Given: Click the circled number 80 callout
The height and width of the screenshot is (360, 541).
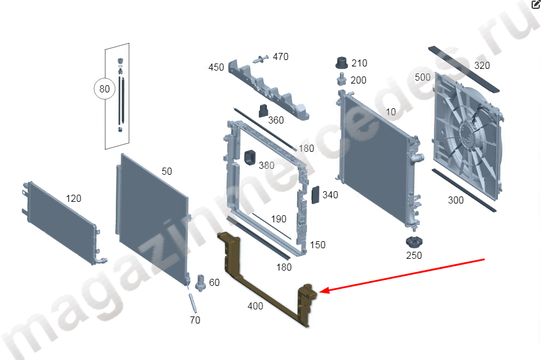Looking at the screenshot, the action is (105, 89).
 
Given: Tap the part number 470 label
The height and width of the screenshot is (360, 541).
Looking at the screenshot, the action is (280, 56).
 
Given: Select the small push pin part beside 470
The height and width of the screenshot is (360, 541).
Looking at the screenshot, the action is (261, 59).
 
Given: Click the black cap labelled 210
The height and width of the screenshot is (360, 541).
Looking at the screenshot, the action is (342, 62).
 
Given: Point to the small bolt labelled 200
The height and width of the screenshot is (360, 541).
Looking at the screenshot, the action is (342, 79).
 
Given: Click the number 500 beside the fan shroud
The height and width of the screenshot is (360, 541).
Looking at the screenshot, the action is (423, 77).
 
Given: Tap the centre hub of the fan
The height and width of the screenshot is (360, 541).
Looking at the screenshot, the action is (470, 132).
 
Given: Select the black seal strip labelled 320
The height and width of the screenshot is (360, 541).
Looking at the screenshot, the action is (464, 69).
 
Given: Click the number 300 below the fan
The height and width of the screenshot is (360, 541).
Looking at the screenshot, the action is (455, 200).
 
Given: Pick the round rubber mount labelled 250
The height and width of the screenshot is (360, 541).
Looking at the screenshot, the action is (415, 242).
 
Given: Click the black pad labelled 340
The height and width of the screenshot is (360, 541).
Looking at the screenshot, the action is (316, 195).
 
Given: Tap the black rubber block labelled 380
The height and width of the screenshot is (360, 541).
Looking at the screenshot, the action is (250, 158).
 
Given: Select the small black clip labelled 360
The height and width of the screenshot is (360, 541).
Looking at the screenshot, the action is (263, 111).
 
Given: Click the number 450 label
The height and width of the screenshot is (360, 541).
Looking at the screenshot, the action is (216, 67).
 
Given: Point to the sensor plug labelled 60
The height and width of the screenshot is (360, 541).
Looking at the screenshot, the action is (201, 283).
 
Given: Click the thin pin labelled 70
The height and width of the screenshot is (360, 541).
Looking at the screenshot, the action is (193, 303).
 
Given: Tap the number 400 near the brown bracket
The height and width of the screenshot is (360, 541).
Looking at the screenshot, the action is (255, 306).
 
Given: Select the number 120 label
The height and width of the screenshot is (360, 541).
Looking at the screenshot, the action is (74, 198).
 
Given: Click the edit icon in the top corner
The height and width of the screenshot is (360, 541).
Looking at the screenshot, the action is (536, 4).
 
